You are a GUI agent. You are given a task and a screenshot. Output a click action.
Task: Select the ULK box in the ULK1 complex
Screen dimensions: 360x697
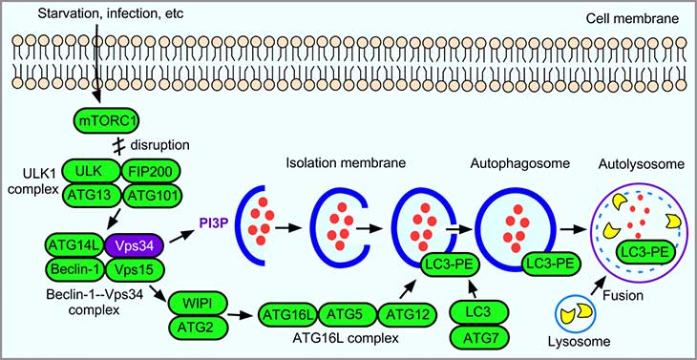tap(89, 172)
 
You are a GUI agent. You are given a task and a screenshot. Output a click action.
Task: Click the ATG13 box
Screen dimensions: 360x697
tap(89, 197)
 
